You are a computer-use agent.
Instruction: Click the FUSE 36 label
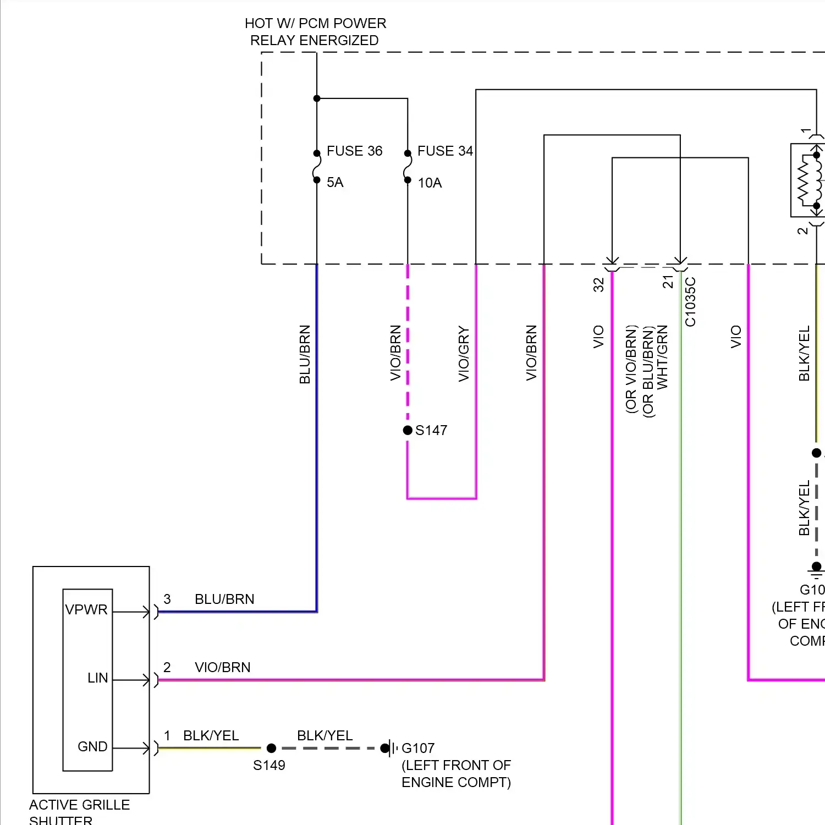pyautogui.click(x=354, y=151)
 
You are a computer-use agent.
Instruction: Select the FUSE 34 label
pyautogui.click(x=445, y=151)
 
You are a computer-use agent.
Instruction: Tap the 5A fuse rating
pyautogui.click(x=335, y=183)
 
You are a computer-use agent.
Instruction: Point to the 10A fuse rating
pyautogui.click(x=430, y=183)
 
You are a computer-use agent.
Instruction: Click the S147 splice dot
pyautogui.click(x=408, y=430)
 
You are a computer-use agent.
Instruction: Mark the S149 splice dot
pyautogui.click(x=271, y=748)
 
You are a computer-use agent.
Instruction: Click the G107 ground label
pyautogui.click(x=418, y=749)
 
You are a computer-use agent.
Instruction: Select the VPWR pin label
pyautogui.click(x=86, y=610)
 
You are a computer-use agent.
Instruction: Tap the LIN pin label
pyautogui.click(x=98, y=678)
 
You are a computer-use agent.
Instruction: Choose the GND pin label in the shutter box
pyautogui.click(x=92, y=747)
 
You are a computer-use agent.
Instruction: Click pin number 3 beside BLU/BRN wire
pyautogui.click(x=167, y=599)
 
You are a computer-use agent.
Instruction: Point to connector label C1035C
pyautogui.click(x=691, y=302)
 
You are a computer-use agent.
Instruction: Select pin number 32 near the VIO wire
pyautogui.click(x=599, y=284)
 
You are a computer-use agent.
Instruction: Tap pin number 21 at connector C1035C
pyautogui.click(x=668, y=282)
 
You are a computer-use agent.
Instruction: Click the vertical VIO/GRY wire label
pyautogui.click(x=464, y=354)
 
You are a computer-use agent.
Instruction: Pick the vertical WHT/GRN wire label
pyautogui.click(x=663, y=357)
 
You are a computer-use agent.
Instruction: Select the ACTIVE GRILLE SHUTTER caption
pyautogui.click(x=79, y=812)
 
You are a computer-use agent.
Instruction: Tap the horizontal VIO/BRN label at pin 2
pyautogui.click(x=223, y=667)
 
